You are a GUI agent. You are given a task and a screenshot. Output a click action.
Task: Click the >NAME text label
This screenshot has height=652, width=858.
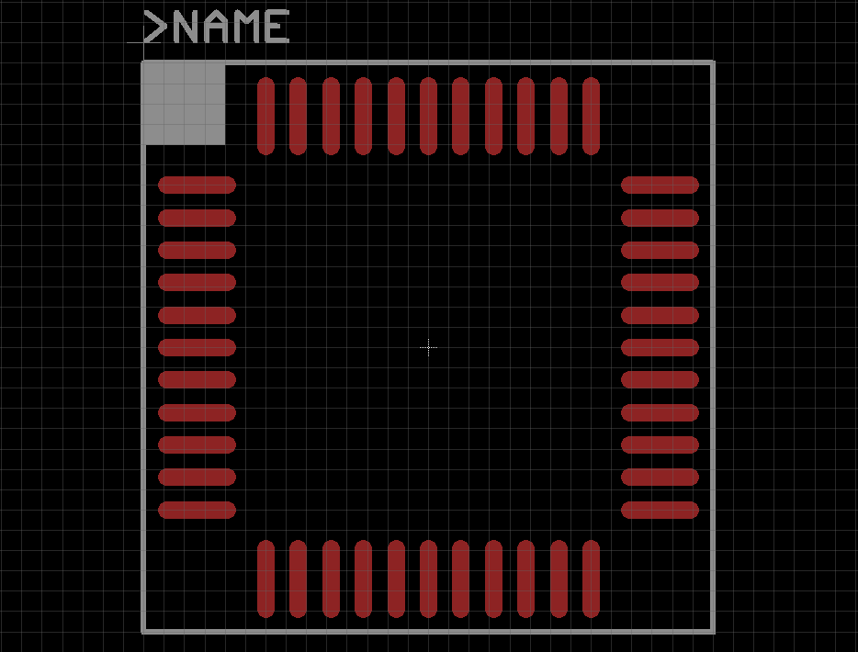tap(217, 28)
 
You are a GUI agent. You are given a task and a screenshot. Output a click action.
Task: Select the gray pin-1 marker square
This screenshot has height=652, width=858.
tap(184, 103)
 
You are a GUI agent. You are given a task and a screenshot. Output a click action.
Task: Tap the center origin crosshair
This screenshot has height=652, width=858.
tap(428, 348)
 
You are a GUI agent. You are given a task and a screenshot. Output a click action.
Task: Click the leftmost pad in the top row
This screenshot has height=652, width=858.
tap(265, 116)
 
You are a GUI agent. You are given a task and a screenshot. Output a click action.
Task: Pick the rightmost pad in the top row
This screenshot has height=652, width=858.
tap(591, 116)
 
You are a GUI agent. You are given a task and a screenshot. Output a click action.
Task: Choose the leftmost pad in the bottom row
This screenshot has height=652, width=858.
tap(265, 579)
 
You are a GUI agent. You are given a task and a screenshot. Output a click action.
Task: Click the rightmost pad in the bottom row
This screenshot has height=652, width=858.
tap(591, 579)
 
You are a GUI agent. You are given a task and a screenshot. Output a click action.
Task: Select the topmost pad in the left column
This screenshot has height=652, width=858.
tap(197, 185)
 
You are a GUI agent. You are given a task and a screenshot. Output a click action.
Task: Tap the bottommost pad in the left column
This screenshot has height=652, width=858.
tap(197, 510)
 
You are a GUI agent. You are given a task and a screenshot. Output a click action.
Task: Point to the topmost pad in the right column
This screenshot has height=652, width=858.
tap(660, 185)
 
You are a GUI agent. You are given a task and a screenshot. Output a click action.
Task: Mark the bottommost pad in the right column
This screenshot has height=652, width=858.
tap(660, 510)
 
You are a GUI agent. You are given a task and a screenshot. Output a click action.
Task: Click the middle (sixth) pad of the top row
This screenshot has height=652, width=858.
tap(428, 116)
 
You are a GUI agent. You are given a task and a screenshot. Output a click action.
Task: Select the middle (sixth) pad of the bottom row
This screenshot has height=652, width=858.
tap(428, 579)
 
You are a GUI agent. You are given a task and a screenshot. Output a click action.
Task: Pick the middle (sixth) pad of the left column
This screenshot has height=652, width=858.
tap(197, 348)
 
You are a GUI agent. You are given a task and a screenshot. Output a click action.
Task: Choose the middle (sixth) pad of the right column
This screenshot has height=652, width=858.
tap(660, 348)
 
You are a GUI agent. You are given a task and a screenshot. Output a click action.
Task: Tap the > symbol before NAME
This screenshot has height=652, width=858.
tap(154, 28)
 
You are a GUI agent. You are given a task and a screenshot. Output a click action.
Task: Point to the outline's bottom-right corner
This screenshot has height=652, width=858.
tap(713, 631)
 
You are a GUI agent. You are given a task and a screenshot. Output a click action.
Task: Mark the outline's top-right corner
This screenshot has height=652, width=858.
tap(713, 62)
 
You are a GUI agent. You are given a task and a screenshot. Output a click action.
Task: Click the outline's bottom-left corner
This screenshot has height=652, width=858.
tap(143, 631)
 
